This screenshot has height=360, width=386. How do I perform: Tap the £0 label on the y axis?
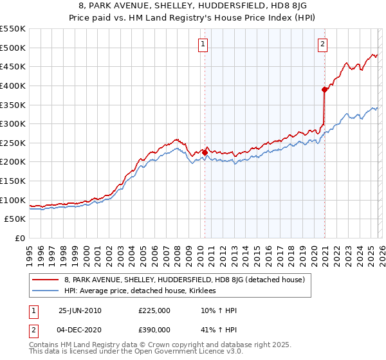pyautogui.click(x=19, y=238)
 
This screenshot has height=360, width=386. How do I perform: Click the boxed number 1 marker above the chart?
pyautogui.click(x=203, y=44)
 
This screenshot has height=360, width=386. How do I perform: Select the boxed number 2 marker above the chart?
pyautogui.click(x=322, y=44)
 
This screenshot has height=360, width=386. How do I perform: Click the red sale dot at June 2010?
pyautogui.click(x=205, y=152)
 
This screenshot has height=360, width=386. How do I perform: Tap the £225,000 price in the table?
pyautogui.click(x=154, y=310)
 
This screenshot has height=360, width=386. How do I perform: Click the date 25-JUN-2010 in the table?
pyautogui.click(x=80, y=310)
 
